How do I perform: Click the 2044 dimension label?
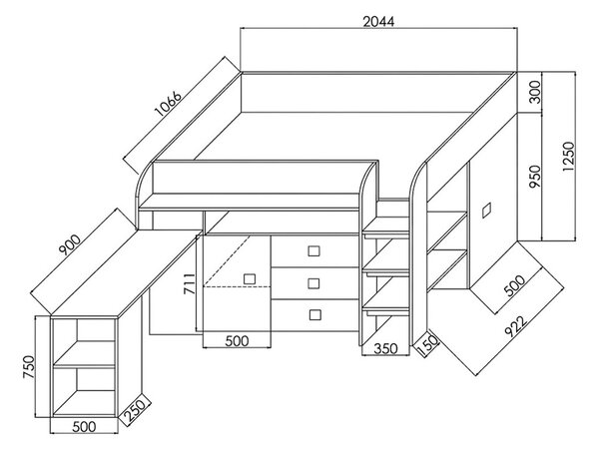378,22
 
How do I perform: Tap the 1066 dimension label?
168,103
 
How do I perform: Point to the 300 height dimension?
535,92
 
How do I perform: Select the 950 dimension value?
535,177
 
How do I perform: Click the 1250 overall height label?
568,157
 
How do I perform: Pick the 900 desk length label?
70,244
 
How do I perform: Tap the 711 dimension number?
189,283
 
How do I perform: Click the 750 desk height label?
29,367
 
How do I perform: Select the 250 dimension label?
135,410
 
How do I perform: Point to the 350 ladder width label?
385,348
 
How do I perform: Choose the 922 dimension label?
516,325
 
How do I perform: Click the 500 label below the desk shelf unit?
84,427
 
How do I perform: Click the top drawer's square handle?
314,250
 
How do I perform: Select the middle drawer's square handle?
314,283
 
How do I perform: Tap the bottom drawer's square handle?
314,314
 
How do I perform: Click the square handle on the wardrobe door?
486,211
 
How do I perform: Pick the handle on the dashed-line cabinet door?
250,278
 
